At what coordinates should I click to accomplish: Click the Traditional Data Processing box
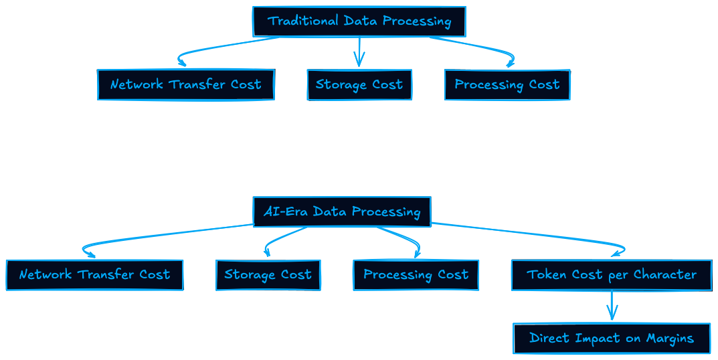click(359, 21)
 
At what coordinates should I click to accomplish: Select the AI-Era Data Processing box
click(342, 211)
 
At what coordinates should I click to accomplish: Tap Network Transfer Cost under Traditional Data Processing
click(186, 84)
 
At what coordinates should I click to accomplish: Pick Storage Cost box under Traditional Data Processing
click(359, 84)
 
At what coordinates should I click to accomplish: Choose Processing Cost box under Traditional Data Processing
click(507, 84)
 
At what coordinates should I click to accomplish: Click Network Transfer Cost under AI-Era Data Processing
click(95, 275)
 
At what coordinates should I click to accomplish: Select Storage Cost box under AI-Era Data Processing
click(268, 275)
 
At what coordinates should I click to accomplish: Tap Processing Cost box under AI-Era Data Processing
click(416, 275)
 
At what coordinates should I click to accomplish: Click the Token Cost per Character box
click(612, 275)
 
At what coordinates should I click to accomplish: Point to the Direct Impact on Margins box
click(612, 338)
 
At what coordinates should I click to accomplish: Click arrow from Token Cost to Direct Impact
click(612, 305)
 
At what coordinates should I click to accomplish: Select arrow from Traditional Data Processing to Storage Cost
click(359, 52)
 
